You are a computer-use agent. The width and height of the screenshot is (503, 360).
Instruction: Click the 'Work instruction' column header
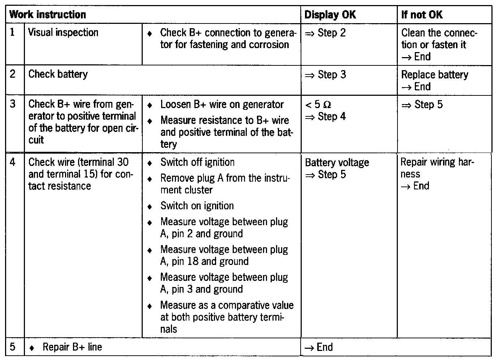click(47, 15)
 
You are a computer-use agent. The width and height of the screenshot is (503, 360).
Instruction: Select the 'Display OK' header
click(330, 15)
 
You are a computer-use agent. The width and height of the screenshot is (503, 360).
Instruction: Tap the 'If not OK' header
click(422, 15)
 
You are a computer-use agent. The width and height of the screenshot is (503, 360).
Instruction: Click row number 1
click(13, 33)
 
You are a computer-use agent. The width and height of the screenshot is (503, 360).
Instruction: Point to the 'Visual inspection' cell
click(63, 33)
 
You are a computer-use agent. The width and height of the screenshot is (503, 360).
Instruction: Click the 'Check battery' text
click(58, 74)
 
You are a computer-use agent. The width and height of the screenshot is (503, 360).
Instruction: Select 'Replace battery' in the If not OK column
click(434, 75)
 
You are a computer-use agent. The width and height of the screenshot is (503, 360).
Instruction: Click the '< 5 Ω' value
click(318, 105)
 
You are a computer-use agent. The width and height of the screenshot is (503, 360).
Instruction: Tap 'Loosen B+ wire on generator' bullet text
click(222, 104)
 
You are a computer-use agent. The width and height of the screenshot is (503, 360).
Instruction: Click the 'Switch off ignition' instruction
click(197, 162)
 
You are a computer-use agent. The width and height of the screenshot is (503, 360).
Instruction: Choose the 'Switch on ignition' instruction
click(197, 206)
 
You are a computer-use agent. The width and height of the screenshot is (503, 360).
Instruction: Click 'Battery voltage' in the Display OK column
click(337, 163)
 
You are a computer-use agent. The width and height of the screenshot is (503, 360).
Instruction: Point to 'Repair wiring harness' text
click(437, 168)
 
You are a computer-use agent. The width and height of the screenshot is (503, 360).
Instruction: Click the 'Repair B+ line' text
click(72, 347)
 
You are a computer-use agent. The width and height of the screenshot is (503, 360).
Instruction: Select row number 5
click(13, 347)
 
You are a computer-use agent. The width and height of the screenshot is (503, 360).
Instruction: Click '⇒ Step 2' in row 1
click(325, 33)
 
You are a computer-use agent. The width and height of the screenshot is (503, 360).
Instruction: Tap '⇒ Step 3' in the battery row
click(325, 75)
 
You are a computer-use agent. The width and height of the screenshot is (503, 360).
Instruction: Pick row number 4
click(13, 162)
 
